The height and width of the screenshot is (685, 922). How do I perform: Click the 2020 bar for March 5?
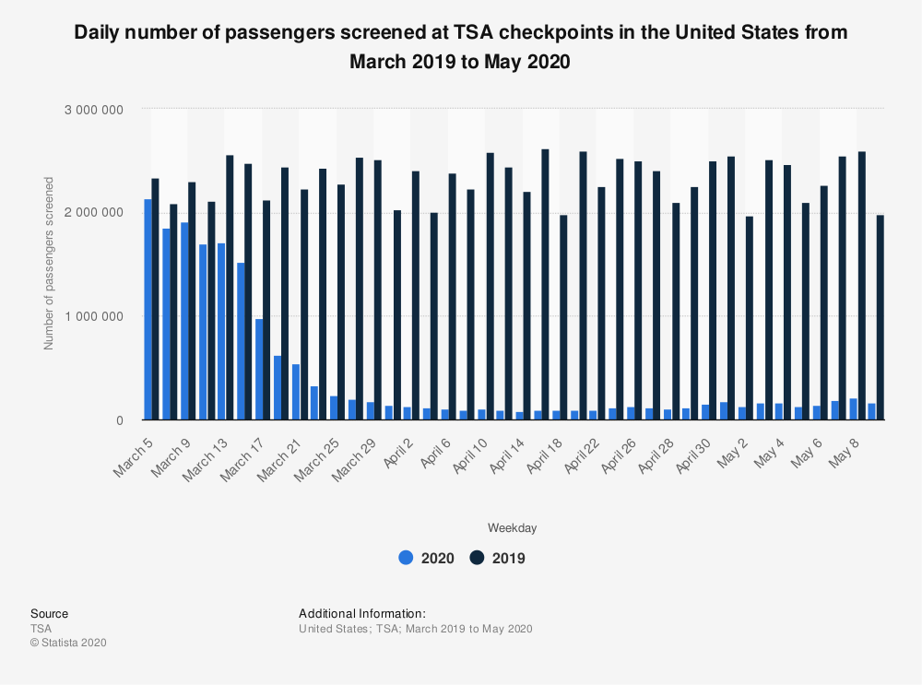[148, 310]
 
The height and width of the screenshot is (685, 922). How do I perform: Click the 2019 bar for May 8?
[861, 286]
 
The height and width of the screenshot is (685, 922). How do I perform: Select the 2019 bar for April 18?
[564, 317]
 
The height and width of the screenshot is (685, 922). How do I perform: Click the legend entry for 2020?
[426, 558]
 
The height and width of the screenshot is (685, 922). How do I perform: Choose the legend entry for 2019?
[498, 558]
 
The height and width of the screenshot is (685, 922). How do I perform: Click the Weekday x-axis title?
[512, 528]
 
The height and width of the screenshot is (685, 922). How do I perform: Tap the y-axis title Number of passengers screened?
[49, 263]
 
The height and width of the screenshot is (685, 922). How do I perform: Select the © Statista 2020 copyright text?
[68, 643]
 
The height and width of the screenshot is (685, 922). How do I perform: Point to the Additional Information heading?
[362, 613]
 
